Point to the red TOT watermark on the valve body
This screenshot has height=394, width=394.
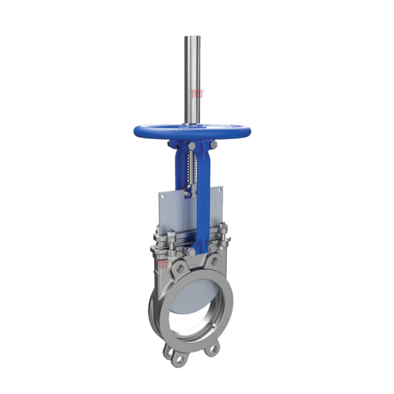[162, 264]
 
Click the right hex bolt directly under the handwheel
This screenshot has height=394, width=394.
[213, 145]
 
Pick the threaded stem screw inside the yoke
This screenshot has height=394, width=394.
[192, 169]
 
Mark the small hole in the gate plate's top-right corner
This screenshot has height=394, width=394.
[219, 190]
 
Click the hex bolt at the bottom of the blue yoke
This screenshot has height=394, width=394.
[191, 251]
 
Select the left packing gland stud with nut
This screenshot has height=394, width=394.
[171, 239]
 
